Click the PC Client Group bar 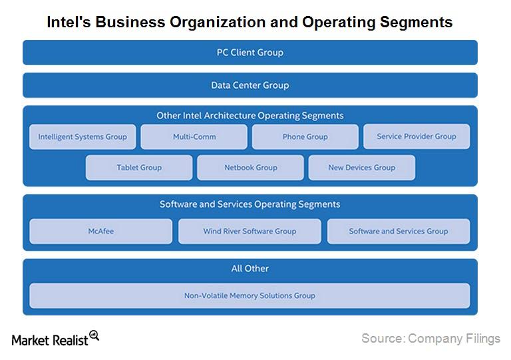tap(250, 53)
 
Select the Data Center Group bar tap(250, 85)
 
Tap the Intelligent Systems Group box tap(83, 136)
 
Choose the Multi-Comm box tap(194, 136)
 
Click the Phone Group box tap(305, 136)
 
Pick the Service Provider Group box tap(417, 136)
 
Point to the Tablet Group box tap(139, 168)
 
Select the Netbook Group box tap(250, 168)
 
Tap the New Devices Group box tap(361, 168)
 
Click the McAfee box tap(100, 231)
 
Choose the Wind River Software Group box tap(250, 231)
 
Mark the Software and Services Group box tap(399, 231)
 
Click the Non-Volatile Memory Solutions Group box tap(250, 295)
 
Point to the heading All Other tap(250, 269)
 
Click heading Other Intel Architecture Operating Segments tap(250, 115)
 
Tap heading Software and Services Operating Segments tap(250, 204)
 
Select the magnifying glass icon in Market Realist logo tap(94, 335)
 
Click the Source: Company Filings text tap(430, 339)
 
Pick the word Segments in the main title tap(414, 22)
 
